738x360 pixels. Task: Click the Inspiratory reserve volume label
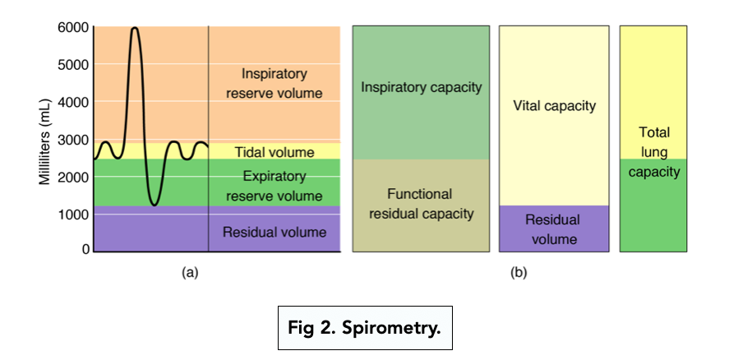coord(274,83)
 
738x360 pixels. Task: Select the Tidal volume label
coord(274,152)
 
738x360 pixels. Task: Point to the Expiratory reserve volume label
coord(274,186)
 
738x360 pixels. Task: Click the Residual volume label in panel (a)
coord(274,232)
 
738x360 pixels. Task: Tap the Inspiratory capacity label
coord(422,86)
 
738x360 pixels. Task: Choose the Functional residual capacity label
coord(422,204)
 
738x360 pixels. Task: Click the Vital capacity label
coord(554,106)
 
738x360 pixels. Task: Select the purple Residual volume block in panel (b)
coord(554,228)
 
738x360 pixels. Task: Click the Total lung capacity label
coord(654,152)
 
